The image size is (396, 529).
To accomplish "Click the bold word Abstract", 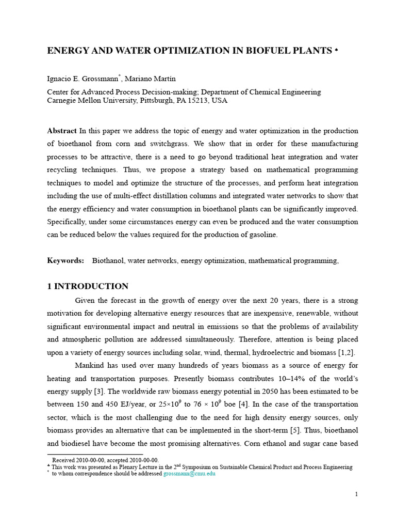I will click(x=62, y=131).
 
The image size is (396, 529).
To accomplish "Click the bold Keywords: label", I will click(x=65, y=261).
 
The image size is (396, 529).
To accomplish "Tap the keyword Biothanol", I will click(x=108, y=261).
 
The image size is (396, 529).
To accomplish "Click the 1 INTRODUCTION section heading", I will click(x=88, y=286).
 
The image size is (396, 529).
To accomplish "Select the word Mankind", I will click(x=90, y=365).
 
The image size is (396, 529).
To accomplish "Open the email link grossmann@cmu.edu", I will click(x=189, y=474).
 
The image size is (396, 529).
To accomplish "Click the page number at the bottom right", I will click(x=356, y=494).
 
